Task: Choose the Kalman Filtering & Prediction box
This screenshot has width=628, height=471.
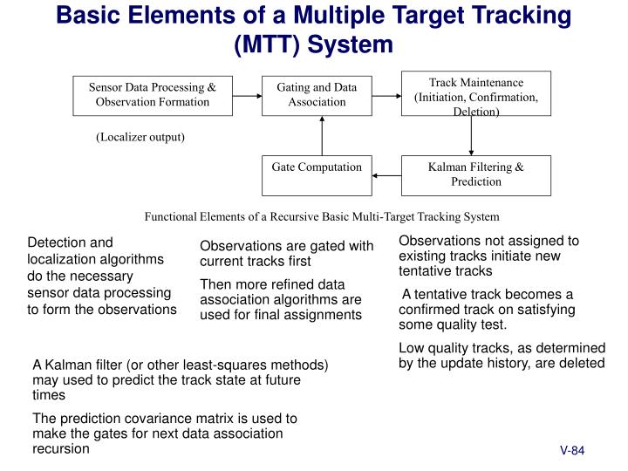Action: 476,175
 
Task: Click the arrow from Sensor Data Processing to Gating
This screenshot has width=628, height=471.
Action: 249,95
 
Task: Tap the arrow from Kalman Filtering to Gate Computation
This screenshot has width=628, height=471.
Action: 387,175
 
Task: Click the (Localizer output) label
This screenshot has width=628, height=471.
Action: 140,137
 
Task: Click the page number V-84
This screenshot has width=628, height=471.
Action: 571,451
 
